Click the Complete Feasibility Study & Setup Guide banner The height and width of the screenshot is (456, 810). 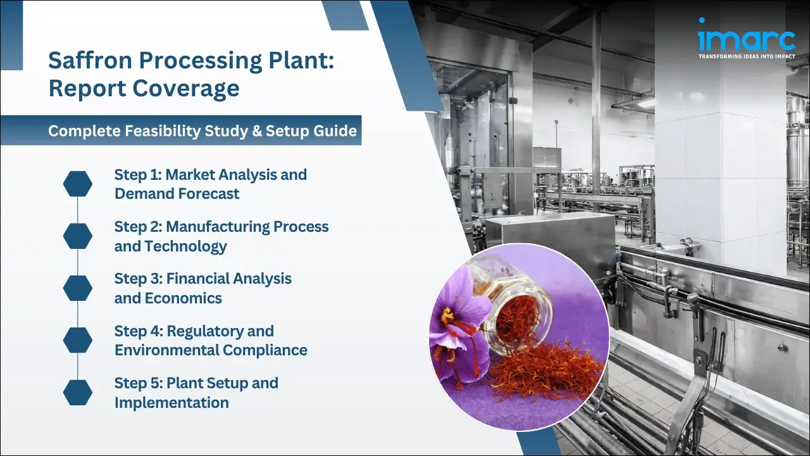pyautogui.click(x=202, y=131)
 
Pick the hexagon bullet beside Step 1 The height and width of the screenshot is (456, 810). pyautogui.click(x=78, y=184)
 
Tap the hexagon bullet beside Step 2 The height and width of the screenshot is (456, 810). pyautogui.click(x=78, y=236)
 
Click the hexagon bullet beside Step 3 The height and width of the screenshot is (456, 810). pyautogui.click(x=78, y=288)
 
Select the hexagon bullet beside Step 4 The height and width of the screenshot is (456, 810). pyautogui.click(x=78, y=340)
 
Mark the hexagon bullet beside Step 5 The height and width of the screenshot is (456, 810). pyautogui.click(x=78, y=392)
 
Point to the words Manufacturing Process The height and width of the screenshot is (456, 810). pyautogui.click(x=247, y=226)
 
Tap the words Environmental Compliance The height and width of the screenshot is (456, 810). pyautogui.click(x=211, y=350)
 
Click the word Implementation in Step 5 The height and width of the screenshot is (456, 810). pyautogui.click(x=171, y=402)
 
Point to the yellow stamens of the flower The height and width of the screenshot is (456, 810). pyautogui.click(x=447, y=315)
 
